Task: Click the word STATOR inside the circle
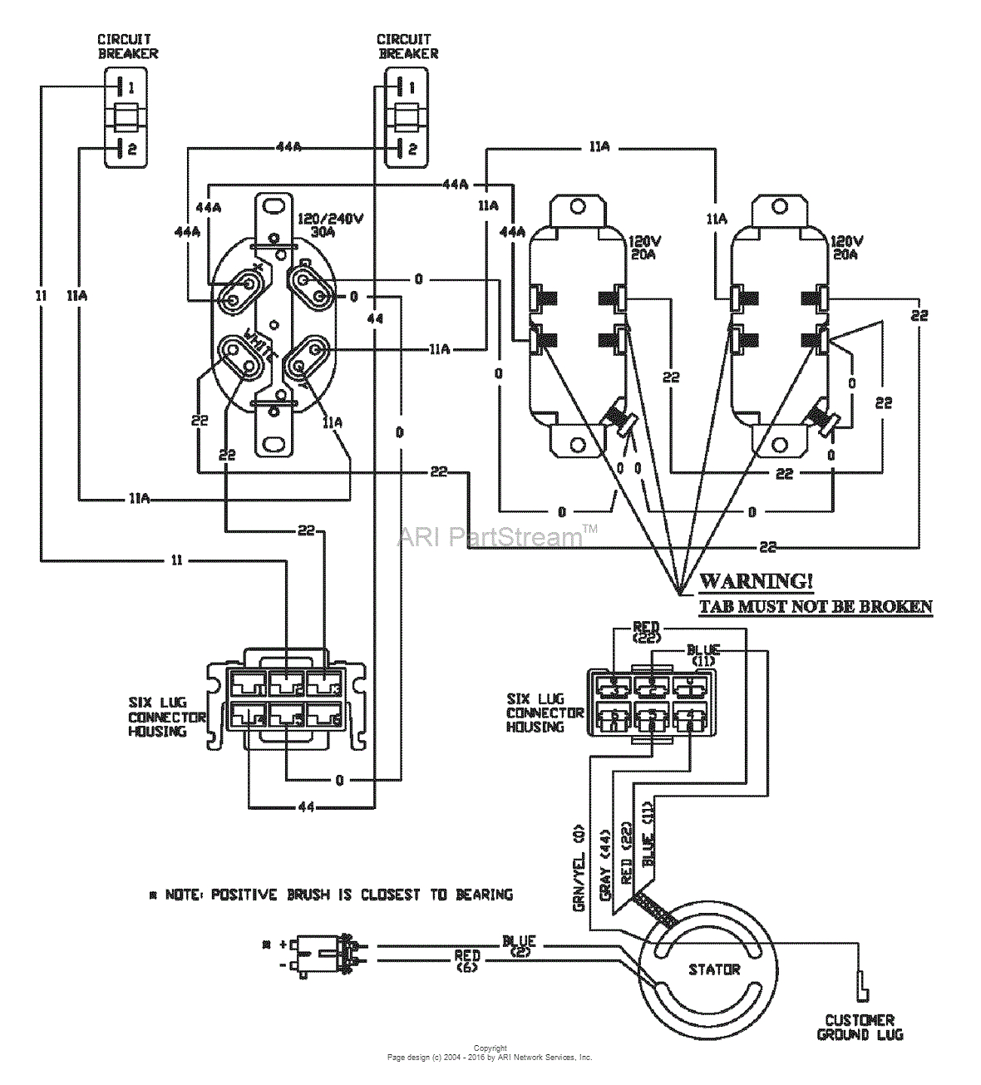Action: point(713,969)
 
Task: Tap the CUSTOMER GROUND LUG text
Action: point(860,1028)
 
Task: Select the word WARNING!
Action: point(756,581)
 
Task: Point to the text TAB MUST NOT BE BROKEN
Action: point(815,606)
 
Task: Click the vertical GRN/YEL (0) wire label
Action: point(579,869)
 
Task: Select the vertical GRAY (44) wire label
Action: point(606,865)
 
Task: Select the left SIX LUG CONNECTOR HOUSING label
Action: point(166,717)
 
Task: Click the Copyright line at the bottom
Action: point(490,1048)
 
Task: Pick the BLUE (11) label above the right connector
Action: point(703,653)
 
